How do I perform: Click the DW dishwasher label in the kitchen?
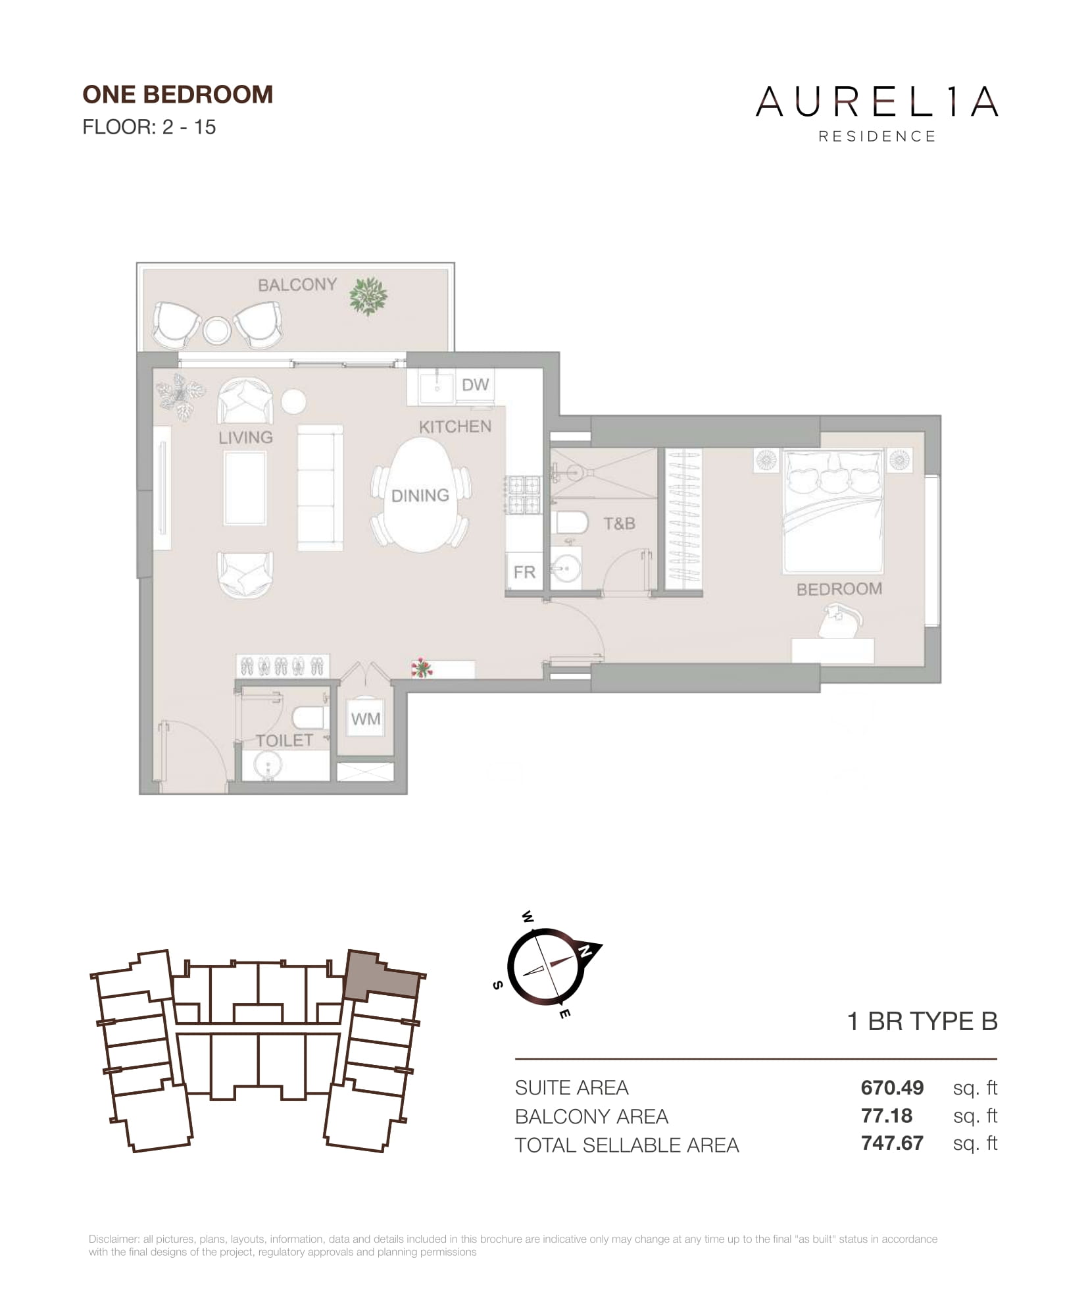(x=475, y=384)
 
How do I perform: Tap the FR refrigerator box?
(x=524, y=572)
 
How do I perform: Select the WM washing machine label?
(x=365, y=719)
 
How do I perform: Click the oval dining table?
(x=420, y=495)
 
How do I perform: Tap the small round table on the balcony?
(x=217, y=330)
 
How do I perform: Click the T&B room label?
(x=619, y=523)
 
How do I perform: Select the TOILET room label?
(x=284, y=740)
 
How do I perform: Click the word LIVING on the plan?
(x=245, y=437)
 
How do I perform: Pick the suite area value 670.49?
(x=892, y=1087)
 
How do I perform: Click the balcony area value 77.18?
(x=887, y=1116)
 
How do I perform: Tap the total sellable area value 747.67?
(x=892, y=1143)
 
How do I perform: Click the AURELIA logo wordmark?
(x=877, y=102)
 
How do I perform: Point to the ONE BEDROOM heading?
(x=178, y=95)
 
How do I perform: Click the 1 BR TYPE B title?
(x=922, y=1022)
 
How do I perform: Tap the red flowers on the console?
(x=420, y=668)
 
